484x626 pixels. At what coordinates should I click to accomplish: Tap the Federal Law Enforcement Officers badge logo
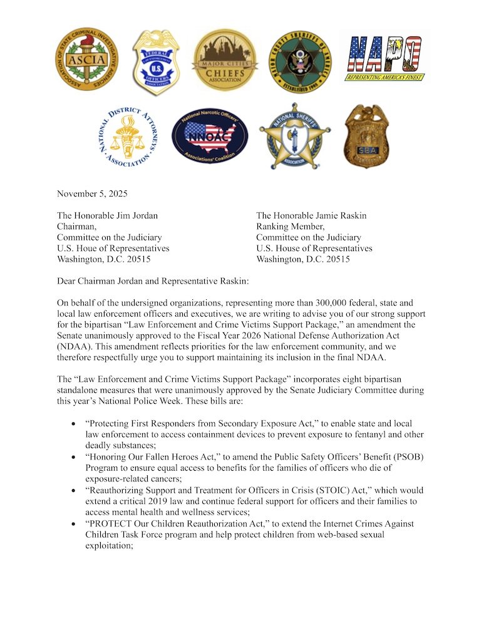tap(156, 61)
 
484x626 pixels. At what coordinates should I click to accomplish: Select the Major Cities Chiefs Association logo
tap(225, 60)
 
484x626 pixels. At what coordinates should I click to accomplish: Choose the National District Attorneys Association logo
tap(128, 136)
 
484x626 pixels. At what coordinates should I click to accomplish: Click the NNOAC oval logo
tap(210, 136)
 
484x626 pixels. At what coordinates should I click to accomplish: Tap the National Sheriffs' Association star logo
tap(295, 136)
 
